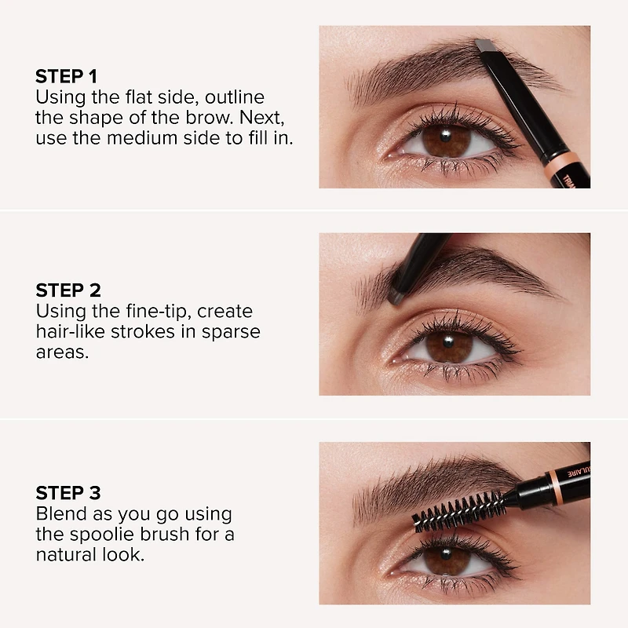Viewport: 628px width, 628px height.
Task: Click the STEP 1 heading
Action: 66,77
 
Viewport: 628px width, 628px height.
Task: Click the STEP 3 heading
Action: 68,494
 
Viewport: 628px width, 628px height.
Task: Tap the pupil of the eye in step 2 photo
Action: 449,346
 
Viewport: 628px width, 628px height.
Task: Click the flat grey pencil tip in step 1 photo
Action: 484,46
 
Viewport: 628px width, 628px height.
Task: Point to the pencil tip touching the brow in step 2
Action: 396,297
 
